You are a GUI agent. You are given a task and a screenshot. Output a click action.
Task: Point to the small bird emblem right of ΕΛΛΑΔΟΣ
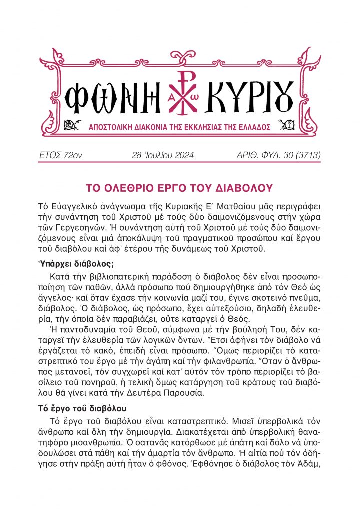click(288, 124)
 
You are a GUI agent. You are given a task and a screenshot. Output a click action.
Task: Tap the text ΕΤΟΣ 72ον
click(60, 155)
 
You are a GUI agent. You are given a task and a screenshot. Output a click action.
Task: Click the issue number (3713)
click(304, 155)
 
